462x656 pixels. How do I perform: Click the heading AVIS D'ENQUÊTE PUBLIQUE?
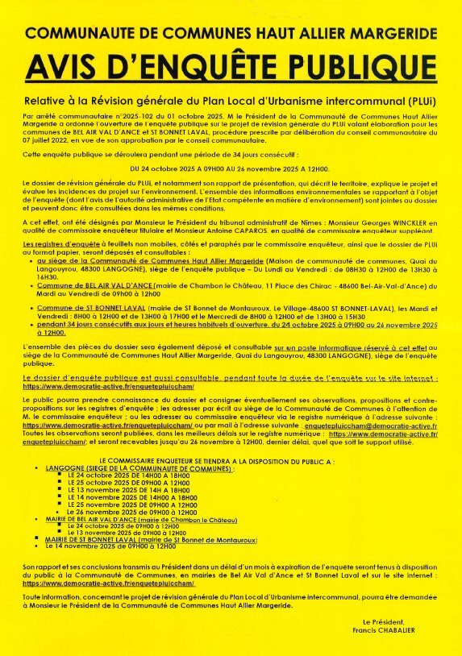(x=231, y=67)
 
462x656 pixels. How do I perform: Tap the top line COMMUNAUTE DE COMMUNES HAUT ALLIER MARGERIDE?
(x=231, y=34)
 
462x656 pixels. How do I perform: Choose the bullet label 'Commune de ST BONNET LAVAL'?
(x=91, y=309)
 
